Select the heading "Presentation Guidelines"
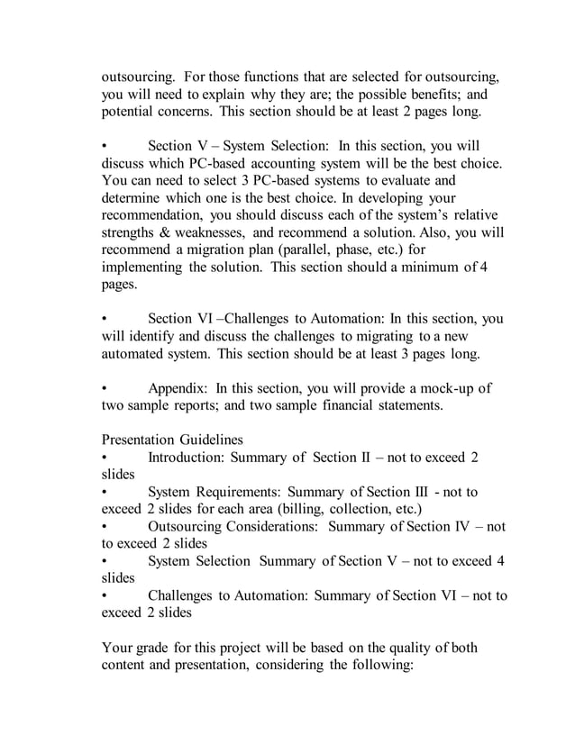click(172, 440)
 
